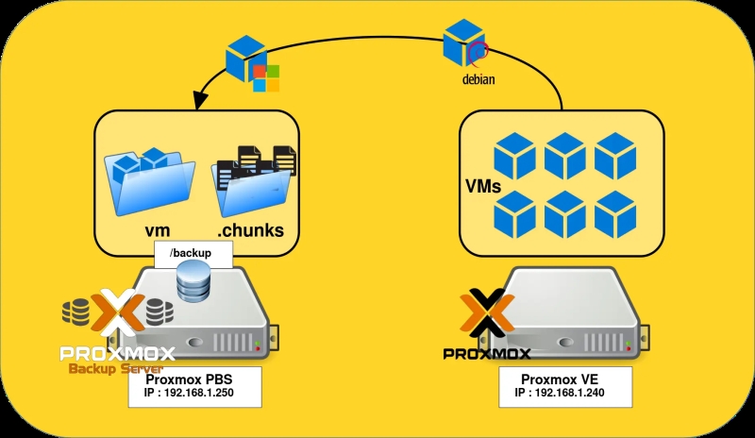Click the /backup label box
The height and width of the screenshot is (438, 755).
point(190,253)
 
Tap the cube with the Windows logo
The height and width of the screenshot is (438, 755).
point(251,63)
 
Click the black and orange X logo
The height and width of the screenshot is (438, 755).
point(484,318)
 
